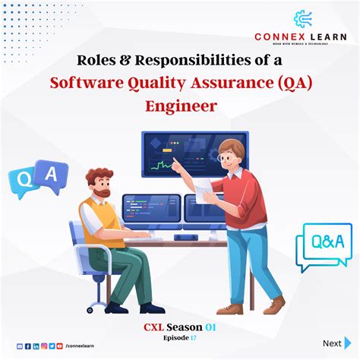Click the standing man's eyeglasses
225,158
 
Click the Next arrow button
349,343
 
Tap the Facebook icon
28,346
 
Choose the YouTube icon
59,346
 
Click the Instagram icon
44,346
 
